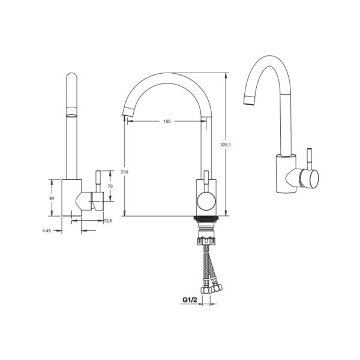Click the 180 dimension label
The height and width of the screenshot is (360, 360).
point(167,121)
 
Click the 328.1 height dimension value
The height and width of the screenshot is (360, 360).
point(226,145)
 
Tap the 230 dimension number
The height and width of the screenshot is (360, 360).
point(124,172)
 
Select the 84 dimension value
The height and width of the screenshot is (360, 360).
point(52,198)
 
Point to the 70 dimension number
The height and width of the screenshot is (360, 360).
point(110,186)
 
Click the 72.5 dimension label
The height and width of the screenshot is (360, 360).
point(108,221)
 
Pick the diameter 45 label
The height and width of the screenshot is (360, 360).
point(46,231)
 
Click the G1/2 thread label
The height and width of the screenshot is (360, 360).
point(190,299)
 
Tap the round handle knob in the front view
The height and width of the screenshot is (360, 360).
point(206,202)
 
